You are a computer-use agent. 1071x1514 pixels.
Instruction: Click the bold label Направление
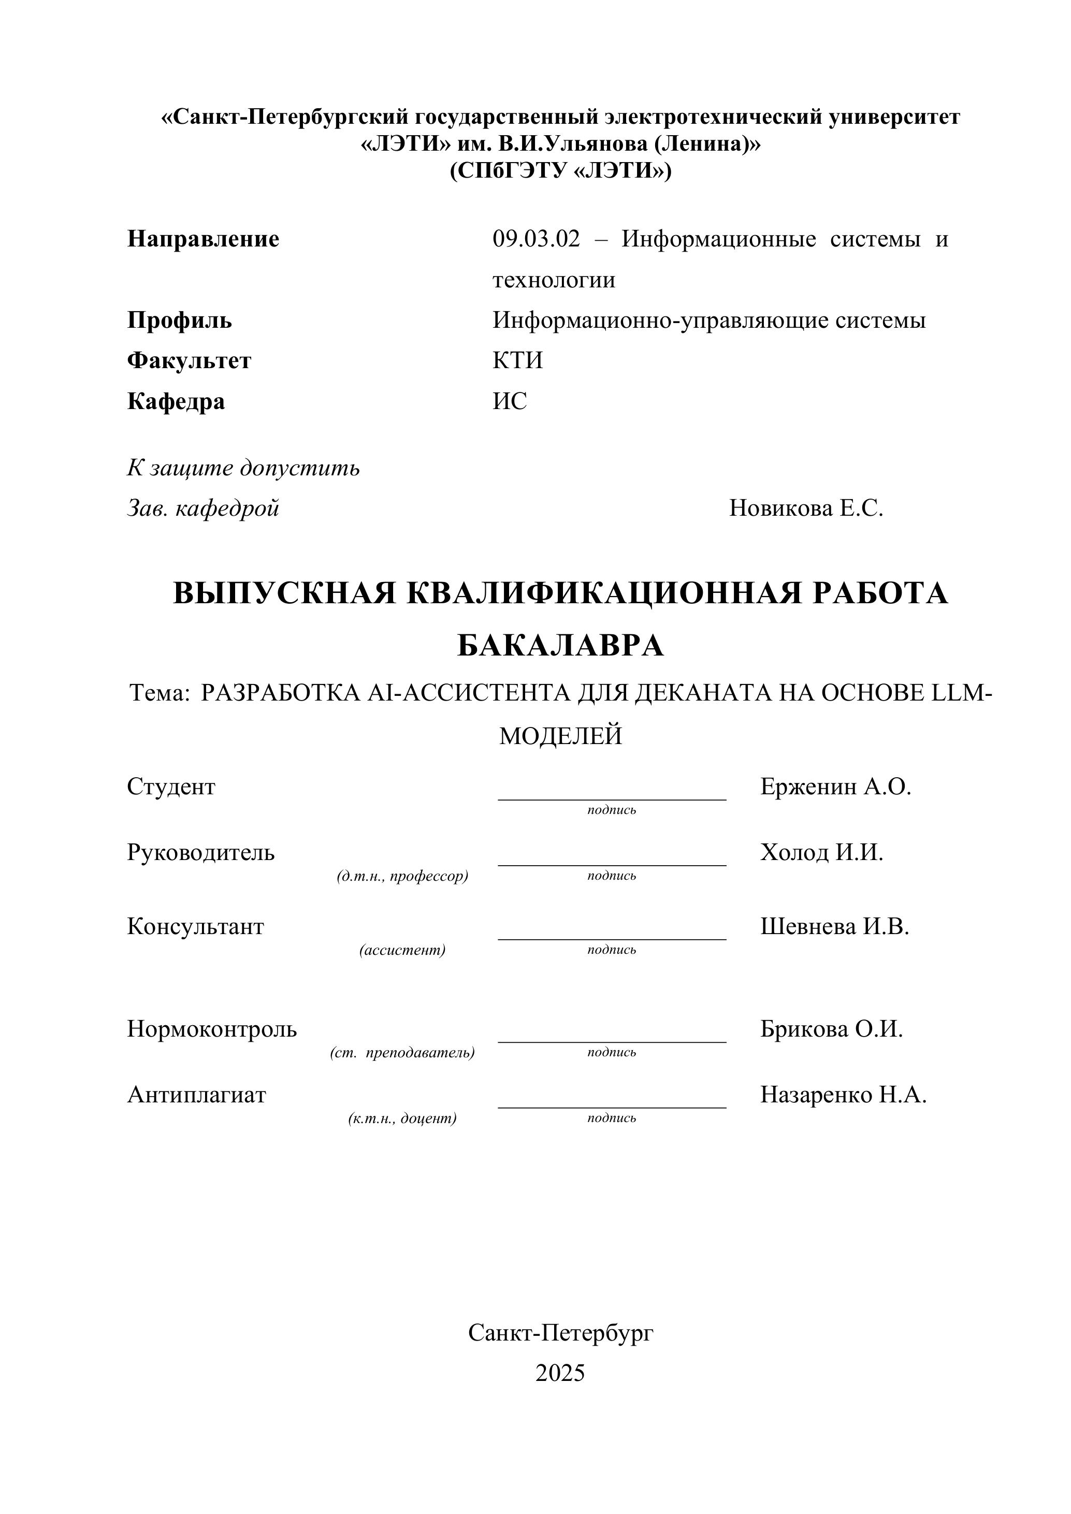coord(203,239)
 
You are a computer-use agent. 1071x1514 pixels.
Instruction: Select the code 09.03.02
coord(536,239)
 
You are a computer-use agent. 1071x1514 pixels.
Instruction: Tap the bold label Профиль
coord(179,321)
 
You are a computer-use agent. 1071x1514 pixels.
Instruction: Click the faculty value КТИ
coord(518,361)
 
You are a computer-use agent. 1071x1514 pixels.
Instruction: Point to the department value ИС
coord(510,402)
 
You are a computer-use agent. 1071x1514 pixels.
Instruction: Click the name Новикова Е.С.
coord(806,508)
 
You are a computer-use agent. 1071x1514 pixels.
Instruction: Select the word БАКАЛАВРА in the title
coord(560,646)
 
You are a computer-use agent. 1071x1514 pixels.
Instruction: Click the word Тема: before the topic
coord(160,693)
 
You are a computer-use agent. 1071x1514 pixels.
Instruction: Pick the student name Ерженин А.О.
coord(835,787)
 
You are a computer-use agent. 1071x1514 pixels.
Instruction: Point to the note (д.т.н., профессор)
coord(402,877)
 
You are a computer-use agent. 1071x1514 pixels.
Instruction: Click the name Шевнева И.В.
coord(834,926)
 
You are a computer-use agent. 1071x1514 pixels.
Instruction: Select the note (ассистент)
coord(402,950)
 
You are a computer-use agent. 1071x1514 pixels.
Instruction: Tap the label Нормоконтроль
coord(212,1029)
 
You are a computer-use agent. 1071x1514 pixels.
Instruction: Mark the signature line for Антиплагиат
coord(612,1107)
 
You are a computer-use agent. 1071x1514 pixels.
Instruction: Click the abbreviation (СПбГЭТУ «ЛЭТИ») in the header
coord(560,171)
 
